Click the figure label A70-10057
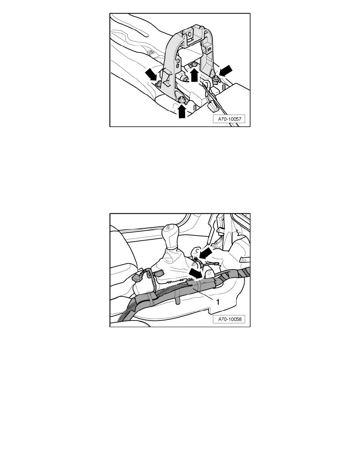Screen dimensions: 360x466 pyautogui.click(x=229, y=119)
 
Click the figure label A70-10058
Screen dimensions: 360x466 pyautogui.click(x=229, y=319)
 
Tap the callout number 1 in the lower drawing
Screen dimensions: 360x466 pyautogui.click(x=218, y=302)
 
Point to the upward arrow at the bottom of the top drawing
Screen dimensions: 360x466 pyautogui.click(x=182, y=112)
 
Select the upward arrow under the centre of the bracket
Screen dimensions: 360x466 pyautogui.click(x=194, y=75)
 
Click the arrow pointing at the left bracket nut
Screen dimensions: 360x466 pyautogui.click(x=151, y=74)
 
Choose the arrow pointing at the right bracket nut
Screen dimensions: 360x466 pyautogui.click(x=225, y=71)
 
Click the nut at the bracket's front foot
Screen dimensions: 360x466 pyautogui.click(x=182, y=100)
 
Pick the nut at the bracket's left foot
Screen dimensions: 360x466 pyautogui.click(x=160, y=83)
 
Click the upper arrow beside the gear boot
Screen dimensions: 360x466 pyautogui.click(x=205, y=253)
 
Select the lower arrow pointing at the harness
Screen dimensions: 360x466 pyautogui.click(x=196, y=273)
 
